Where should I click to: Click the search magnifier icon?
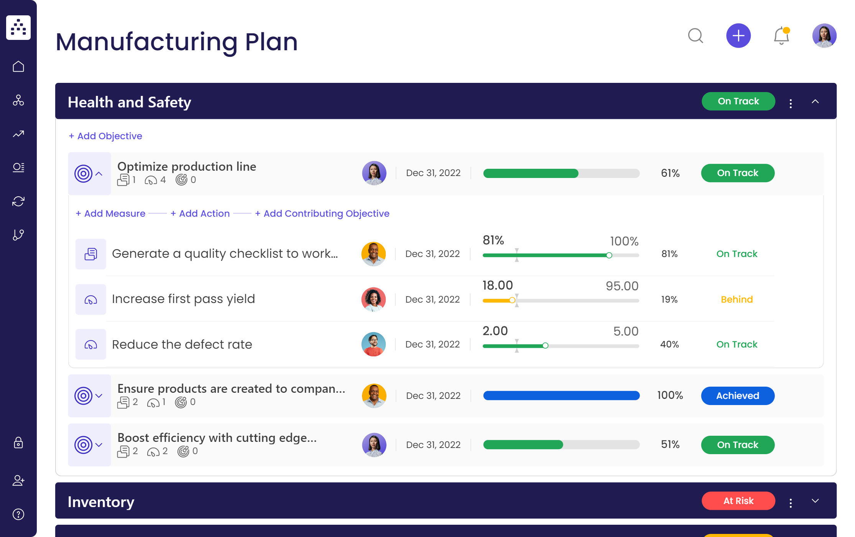[695, 36]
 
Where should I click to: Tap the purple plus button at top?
[738, 36]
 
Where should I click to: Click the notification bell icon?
[781, 36]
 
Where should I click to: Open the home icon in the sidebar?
[18, 67]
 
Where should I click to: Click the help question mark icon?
[18, 514]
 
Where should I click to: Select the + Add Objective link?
[105, 136]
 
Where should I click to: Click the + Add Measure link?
[110, 214]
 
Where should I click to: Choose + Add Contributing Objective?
[322, 214]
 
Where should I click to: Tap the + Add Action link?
[200, 214]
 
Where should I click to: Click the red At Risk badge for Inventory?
[738, 501]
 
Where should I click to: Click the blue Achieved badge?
[737, 396]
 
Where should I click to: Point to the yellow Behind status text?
[737, 300]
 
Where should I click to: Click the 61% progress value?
[670, 173]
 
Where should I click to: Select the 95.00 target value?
[622, 286]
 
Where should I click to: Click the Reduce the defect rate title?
[182, 344]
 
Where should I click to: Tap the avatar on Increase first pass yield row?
[373, 299]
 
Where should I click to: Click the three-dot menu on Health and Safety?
[790, 103]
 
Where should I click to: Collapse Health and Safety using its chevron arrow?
[815, 102]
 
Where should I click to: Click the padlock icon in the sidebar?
[18, 443]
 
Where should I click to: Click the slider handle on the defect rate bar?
[545, 346]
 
